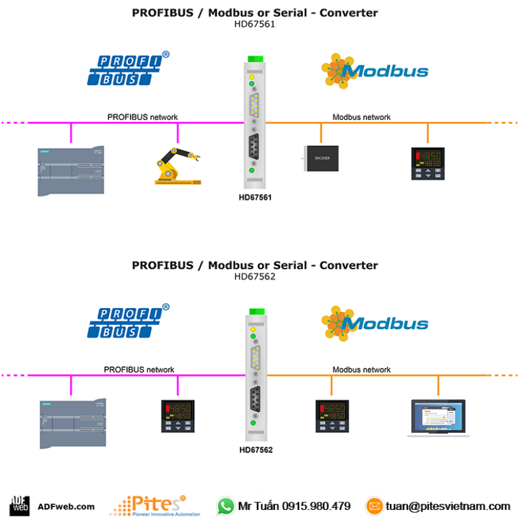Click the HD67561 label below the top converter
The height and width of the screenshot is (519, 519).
click(x=255, y=197)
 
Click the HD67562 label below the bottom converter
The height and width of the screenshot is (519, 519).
click(x=256, y=449)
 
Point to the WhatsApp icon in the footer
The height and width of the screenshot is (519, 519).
click(x=225, y=505)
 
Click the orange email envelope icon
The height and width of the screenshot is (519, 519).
click(x=374, y=505)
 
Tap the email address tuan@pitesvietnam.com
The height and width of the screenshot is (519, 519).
click(x=448, y=506)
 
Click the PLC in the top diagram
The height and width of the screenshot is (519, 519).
click(x=71, y=171)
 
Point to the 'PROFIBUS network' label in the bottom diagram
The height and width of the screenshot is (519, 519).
click(x=139, y=370)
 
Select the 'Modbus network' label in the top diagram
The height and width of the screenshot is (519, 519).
click(x=361, y=117)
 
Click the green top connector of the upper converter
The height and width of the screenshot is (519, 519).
click(x=255, y=59)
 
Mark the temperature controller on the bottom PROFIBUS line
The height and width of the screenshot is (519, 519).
click(x=177, y=416)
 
